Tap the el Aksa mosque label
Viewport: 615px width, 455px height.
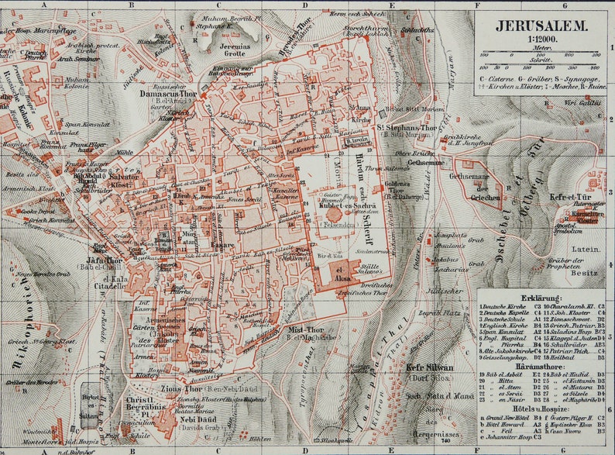click(x=343, y=274)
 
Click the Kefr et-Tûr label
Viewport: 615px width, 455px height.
click(x=570, y=198)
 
